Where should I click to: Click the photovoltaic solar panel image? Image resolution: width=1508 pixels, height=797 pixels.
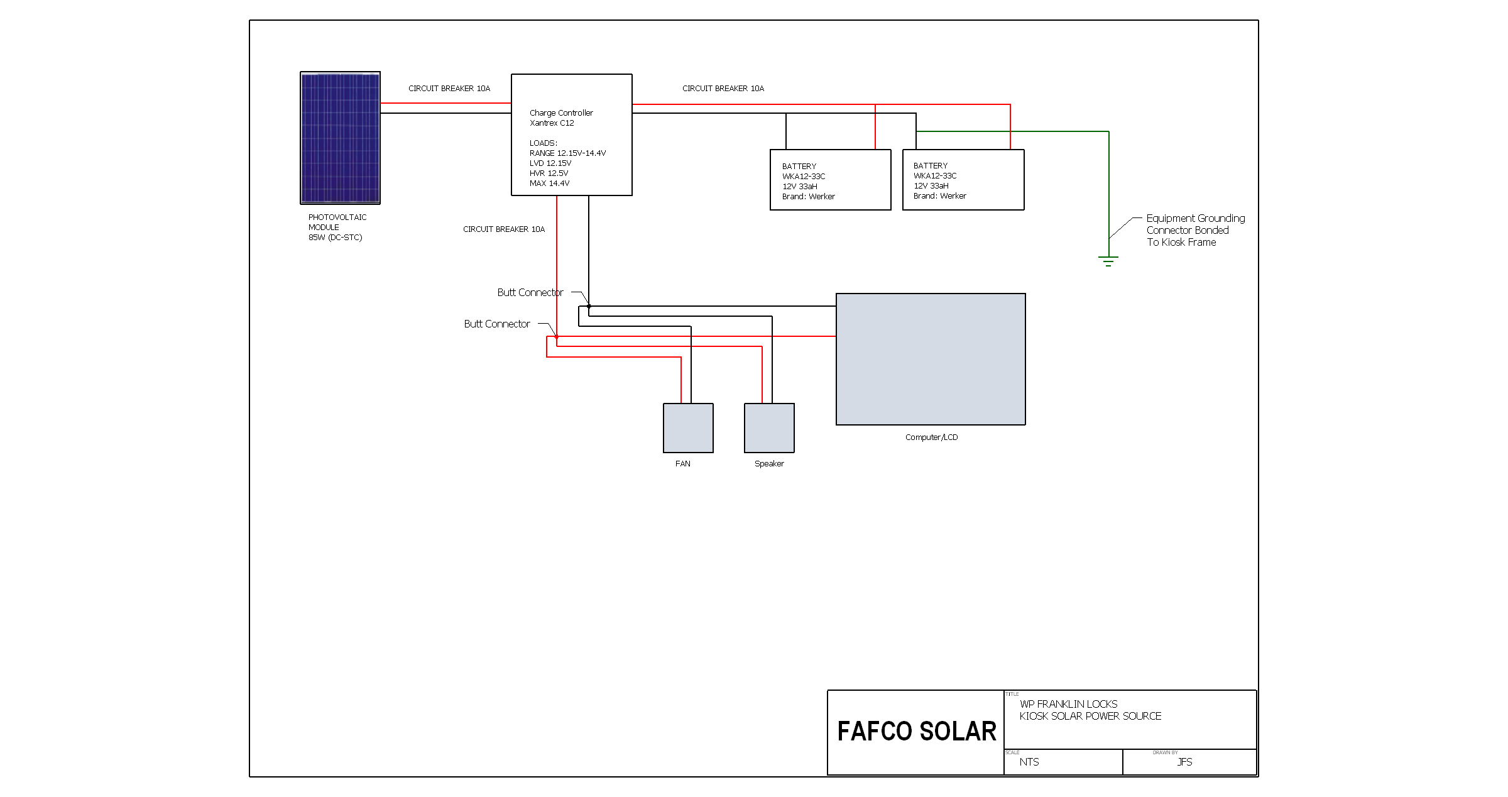(x=340, y=138)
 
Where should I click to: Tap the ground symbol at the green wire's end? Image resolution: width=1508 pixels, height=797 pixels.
(x=1108, y=261)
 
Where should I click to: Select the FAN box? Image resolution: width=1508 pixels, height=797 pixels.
(x=688, y=428)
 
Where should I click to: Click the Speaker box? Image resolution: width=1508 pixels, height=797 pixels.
(x=769, y=428)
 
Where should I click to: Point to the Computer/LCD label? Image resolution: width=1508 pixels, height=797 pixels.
(x=931, y=437)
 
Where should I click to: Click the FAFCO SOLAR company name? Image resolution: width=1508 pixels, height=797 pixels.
(x=917, y=732)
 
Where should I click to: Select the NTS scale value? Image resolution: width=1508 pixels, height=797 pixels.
(x=1029, y=762)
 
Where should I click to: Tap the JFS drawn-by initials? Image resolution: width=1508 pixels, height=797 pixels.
(x=1184, y=762)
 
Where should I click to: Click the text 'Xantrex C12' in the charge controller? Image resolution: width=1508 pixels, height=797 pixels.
(x=552, y=123)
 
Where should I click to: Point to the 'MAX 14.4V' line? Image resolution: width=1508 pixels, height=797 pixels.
(x=549, y=184)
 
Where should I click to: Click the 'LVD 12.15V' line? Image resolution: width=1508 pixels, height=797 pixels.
(x=550, y=163)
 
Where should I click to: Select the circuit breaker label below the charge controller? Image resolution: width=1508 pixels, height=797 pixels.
(x=504, y=229)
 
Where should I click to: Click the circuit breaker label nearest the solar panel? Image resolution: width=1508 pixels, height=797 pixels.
(x=449, y=89)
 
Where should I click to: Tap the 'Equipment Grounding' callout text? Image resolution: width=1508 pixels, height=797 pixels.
(x=1196, y=218)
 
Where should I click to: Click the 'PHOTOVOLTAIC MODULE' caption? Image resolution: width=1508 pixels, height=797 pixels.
(x=337, y=223)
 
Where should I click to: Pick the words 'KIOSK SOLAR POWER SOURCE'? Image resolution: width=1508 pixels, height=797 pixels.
(x=1090, y=716)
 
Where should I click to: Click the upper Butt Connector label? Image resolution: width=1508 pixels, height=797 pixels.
(x=530, y=292)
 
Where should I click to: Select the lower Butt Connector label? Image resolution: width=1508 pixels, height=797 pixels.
(x=497, y=324)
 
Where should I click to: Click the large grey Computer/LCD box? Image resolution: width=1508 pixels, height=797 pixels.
(x=931, y=359)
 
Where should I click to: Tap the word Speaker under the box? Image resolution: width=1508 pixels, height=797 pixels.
(x=769, y=464)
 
